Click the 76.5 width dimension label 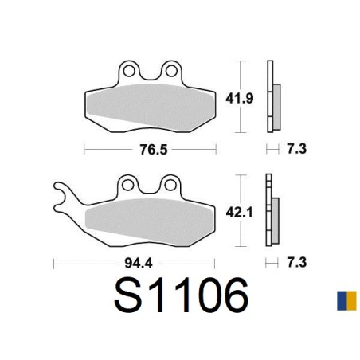point(154,150)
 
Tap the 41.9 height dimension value point(240,99)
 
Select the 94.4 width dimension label point(139,264)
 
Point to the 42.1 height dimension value point(240,213)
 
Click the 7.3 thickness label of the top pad point(296,149)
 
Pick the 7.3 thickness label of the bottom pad point(296,263)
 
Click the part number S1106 point(182,295)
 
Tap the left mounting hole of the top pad point(129,71)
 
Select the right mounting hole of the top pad point(171,71)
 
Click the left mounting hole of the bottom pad point(128,185)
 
